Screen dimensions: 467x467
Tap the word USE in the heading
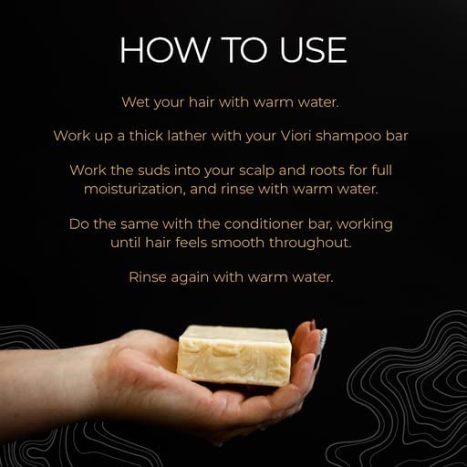313,50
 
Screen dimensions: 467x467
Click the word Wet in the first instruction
135,102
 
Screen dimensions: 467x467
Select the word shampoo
348,137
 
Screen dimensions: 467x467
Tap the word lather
187,136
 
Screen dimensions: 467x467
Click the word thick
146,136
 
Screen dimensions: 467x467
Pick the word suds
154,170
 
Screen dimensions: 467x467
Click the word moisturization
135,189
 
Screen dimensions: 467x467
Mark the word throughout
310,244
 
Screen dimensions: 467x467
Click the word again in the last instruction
190,278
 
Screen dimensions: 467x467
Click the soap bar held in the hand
234,355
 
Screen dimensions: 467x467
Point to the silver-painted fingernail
323,339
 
